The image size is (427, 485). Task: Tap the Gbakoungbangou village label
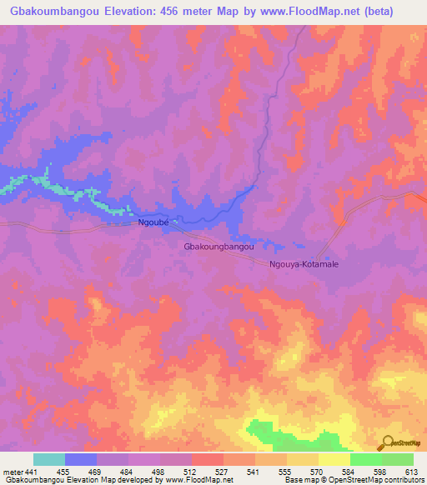point(224,247)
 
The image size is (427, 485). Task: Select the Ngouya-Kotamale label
point(304,264)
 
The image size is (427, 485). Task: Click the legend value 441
point(30,472)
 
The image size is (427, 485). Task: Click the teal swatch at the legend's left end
point(48,459)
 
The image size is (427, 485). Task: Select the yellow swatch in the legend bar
point(334,459)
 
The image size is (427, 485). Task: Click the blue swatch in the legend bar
point(80,459)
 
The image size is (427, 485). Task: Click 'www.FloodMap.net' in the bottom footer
point(200,481)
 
